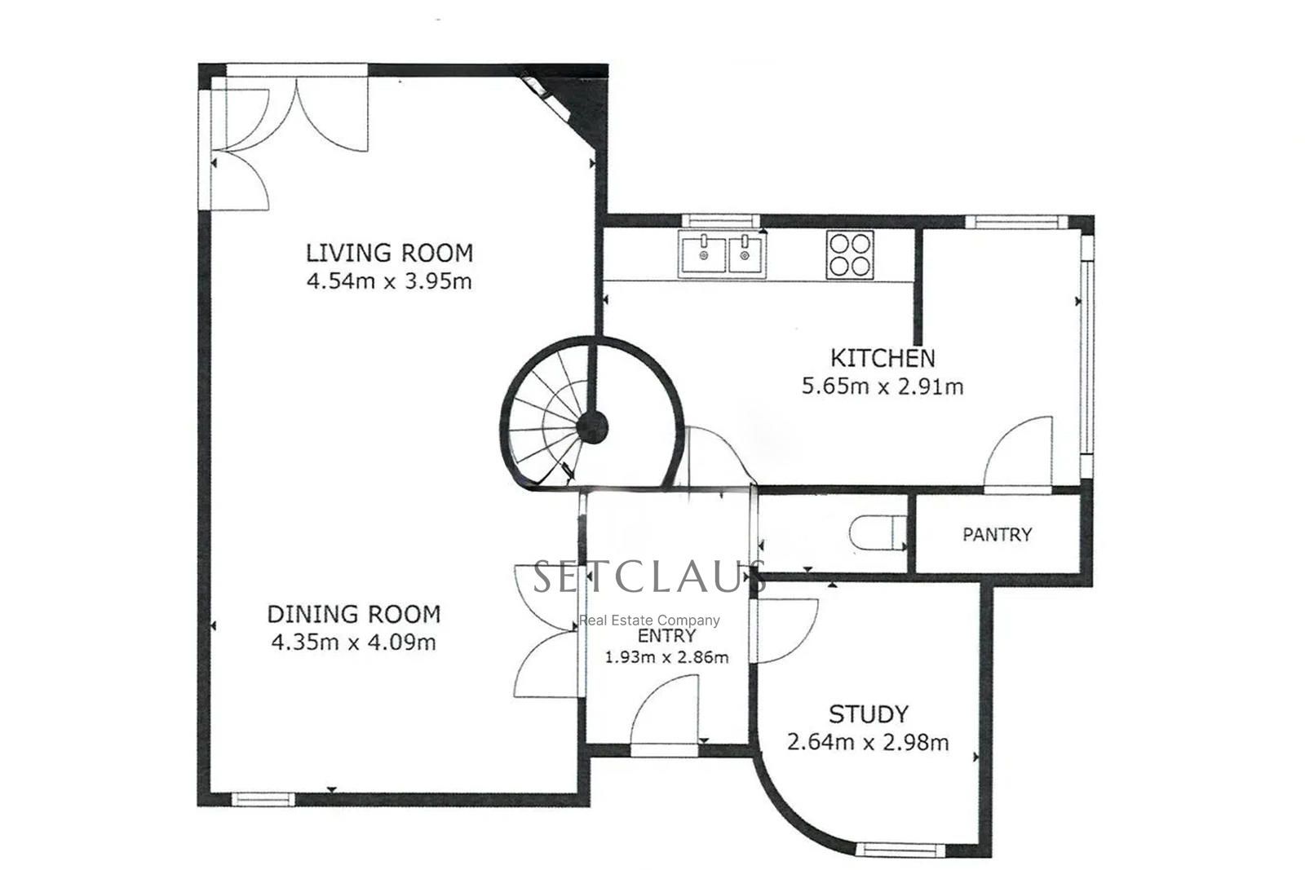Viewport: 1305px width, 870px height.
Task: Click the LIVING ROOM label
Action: click(x=389, y=254)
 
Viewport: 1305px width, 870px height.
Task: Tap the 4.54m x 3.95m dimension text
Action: click(x=389, y=282)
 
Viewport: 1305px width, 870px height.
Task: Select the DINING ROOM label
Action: click(x=354, y=614)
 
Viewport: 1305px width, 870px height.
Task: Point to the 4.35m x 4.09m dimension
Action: click(x=354, y=643)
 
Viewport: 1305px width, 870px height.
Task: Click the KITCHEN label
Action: click(x=882, y=358)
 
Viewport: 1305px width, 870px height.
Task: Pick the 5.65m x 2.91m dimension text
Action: click(x=882, y=386)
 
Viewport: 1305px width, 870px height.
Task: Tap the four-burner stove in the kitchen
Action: click(x=850, y=255)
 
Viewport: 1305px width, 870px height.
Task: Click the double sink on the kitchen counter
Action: click(x=722, y=254)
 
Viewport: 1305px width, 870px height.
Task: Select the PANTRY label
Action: click(x=997, y=535)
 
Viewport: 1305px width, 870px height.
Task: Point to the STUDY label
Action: click(x=868, y=714)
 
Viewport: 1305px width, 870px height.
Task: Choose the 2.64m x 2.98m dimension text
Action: click(x=868, y=743)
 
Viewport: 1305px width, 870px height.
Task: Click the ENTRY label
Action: click(x=667, y=635)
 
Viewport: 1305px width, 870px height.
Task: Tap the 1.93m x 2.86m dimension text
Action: click(x=667, y=657)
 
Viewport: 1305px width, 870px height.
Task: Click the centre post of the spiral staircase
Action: click(x=592, y=427)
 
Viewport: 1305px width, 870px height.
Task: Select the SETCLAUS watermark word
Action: click(x=649, y=576)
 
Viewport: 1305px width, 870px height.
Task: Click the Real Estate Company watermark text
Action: click(x=649, y=620)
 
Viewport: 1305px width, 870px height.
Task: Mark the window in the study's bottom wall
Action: click(x=900, y=850)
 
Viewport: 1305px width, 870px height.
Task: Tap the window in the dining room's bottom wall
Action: click(x=263, y=799)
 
